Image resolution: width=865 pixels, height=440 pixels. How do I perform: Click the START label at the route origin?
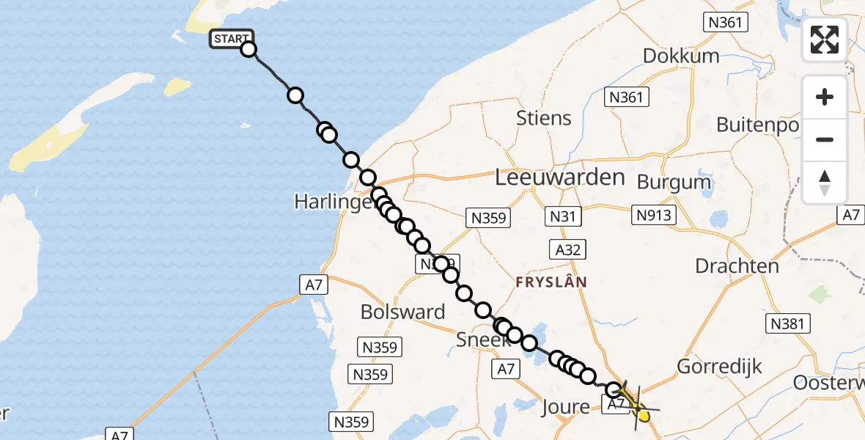tap(231, 39)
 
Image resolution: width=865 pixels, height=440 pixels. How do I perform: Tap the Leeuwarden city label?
tap(560, 177)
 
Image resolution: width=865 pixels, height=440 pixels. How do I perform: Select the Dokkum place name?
tap(680, 56)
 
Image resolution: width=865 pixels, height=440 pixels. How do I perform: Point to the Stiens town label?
tap(543, 117)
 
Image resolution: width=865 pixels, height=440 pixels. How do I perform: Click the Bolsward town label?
tap(402, 312)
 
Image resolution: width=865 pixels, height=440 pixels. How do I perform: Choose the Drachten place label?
tap(737, 265)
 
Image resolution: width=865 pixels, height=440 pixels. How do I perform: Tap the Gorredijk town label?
tap(720, 366)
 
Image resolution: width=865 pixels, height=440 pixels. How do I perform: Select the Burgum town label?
tap(674, 181)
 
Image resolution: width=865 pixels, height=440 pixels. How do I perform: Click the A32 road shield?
tap(568, 250)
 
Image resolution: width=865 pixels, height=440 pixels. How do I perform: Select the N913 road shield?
tap(654, 215)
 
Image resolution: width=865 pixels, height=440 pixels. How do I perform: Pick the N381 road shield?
tap(787, 323)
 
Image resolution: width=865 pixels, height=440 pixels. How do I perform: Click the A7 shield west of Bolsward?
tap(313, 285)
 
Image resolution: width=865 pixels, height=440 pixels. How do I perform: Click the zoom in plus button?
tap(825, 97)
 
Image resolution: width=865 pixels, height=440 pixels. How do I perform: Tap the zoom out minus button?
tap(825, 139)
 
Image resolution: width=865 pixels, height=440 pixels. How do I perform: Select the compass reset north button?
tap(825, 182)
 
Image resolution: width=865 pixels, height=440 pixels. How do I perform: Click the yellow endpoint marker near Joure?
tap(644, 416)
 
